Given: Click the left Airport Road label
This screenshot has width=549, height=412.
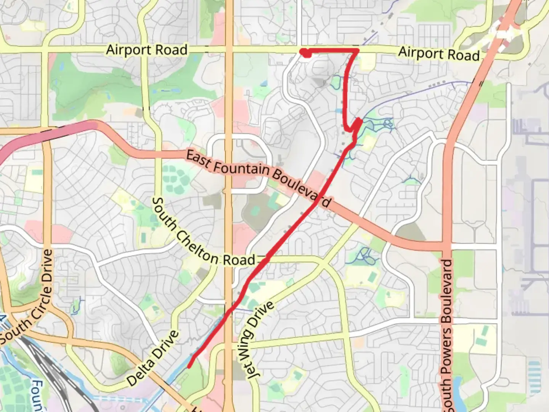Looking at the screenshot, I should [x=147, y=50].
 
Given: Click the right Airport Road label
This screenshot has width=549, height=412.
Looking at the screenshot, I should [x=439, y=54].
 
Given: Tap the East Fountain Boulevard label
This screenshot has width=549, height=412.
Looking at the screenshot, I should [x=258, y=178].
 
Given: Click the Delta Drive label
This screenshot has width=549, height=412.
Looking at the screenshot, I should [x=152, y=358].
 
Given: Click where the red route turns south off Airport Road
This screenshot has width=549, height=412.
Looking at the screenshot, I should [x=357, y=50].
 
